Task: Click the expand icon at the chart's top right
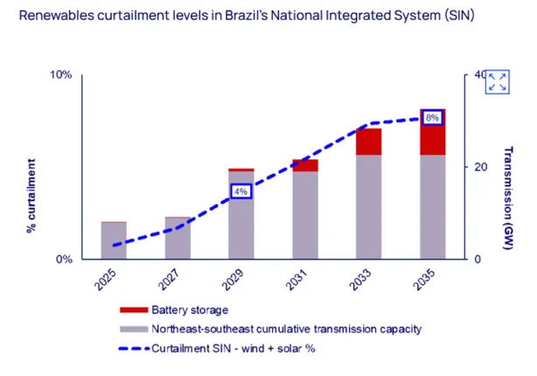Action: [x=498, y=81]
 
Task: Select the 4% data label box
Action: [x=241, y=191]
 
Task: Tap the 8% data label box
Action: [x=432, y=117]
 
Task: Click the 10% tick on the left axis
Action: [x=59, y=74]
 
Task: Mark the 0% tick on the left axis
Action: [x=62, y=259]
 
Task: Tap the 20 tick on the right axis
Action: [x=479, y=167]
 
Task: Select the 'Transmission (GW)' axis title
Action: [x=507, y=197]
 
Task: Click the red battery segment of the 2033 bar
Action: [x=369, y=142]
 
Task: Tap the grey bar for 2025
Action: [x=114, y=241]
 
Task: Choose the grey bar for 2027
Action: [x=178, y=239]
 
